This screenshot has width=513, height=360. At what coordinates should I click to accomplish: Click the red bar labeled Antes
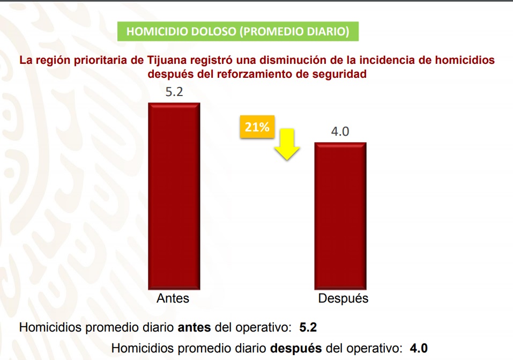click(174, 195)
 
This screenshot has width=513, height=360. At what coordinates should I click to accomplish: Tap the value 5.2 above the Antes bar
click(174, 92)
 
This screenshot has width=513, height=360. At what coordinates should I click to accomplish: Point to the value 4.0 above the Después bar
click(340, 131)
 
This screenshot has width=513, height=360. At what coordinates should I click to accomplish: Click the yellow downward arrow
click(288, 144)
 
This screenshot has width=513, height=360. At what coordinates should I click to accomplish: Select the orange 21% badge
click(257, 128)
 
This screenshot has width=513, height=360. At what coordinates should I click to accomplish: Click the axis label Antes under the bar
click(173, 298)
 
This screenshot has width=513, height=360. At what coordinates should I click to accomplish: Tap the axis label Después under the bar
click(343, 299)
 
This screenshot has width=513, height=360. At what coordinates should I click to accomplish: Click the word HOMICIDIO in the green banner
click(155, 32)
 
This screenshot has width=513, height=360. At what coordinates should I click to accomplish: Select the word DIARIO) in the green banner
click(328, 32)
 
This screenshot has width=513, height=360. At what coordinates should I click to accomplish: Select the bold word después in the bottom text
click(295, 348)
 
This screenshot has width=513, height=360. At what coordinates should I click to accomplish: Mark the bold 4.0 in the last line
click(418, 348)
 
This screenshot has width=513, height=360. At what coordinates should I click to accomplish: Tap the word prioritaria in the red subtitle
click(99, 60)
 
